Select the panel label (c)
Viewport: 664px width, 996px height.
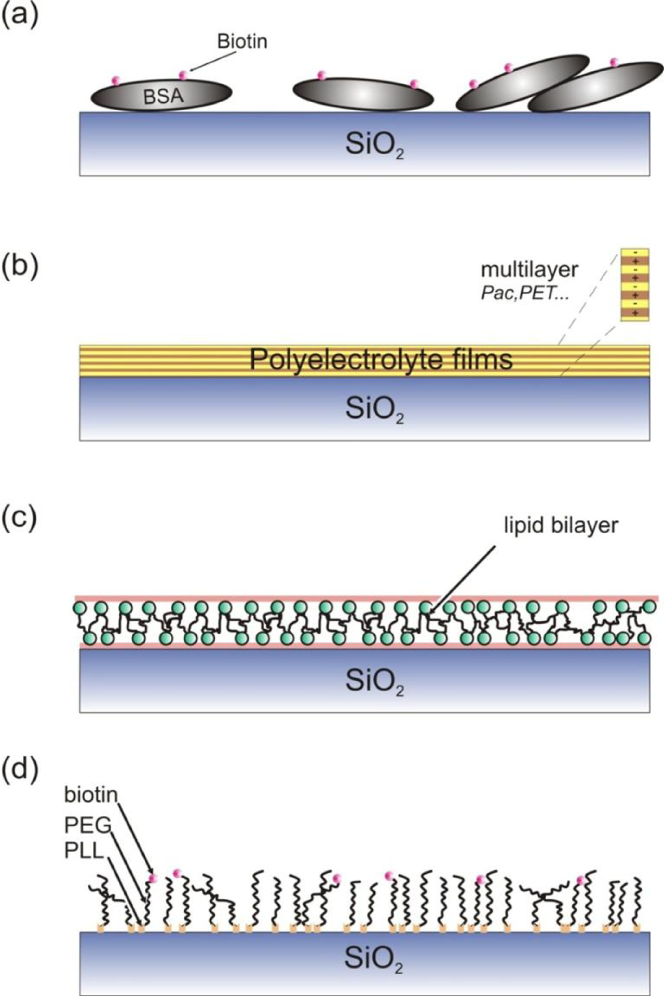pyautogui.click(x=20, y=519)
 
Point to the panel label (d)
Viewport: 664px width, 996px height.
pyautogui.click(x=20, y=772)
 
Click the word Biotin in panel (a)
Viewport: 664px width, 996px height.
pyautogui.click(x=242, y=41)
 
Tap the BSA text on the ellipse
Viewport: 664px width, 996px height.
pyautogui.click(x=164, y=96)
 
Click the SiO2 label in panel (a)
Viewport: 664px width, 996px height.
pyautogui.click(x=374, y=146)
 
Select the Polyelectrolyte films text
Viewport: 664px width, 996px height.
pyautogui.click(x=381, y=359)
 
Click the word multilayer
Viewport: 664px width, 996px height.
pyautogui.click(x=530, y=270)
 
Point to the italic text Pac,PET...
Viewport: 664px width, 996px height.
pyautogui.click(x=524, y=294)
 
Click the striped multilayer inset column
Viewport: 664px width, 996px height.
pyautogui.click(x=635, y=284)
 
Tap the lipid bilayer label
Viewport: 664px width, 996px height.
pyautogui.click(x=561, y=526)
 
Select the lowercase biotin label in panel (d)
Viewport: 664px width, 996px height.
pyautogui.click(x=91, y=794)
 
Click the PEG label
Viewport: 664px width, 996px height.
pyautogui.click(x=88, y=824)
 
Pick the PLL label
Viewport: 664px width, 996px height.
pyautogui.click(x=84, y=852)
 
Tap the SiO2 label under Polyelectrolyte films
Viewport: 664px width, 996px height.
pyautogui.click(x=374, y=410)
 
